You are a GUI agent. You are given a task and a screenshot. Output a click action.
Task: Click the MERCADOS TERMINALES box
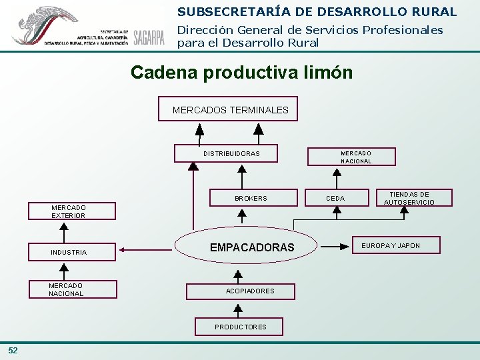pyautogui.click(x=228, y=109)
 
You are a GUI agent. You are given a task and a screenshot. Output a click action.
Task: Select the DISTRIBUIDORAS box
pyautogui.click(x=227, y=154)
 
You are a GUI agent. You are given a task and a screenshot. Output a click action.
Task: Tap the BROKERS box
pyautogui.click(x=250, y=198)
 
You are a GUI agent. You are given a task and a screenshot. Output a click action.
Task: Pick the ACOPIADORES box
pyautogui.click(x=249, y=291)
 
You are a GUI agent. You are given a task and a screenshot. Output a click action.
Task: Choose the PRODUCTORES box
pyautogui.click(x=239, y=327)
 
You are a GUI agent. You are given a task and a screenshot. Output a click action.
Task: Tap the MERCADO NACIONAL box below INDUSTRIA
pyautogui.click(x=67, y=289)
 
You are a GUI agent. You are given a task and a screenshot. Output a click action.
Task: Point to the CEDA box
pyautogui.click(x=336, y=198)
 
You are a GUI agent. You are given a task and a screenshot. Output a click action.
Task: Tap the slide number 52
pyautogui.click(x=13, y=351)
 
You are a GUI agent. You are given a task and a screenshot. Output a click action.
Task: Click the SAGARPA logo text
pyautogui.click(x=149, y=37)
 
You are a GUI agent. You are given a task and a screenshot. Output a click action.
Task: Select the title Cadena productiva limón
pyautogui.click(x=241, y=72)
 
